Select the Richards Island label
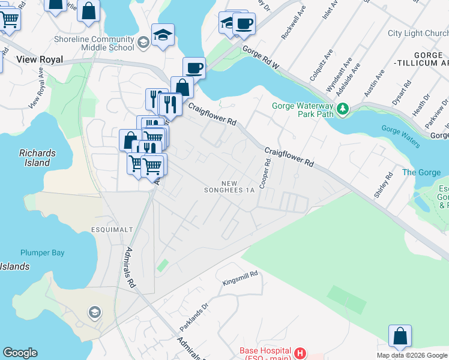37,157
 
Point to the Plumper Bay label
42,253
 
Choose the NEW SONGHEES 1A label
238,187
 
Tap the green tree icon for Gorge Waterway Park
343,109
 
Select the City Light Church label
418,34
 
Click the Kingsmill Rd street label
240,277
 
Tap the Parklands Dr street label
193,317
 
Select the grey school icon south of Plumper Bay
94,312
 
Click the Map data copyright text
412,355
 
